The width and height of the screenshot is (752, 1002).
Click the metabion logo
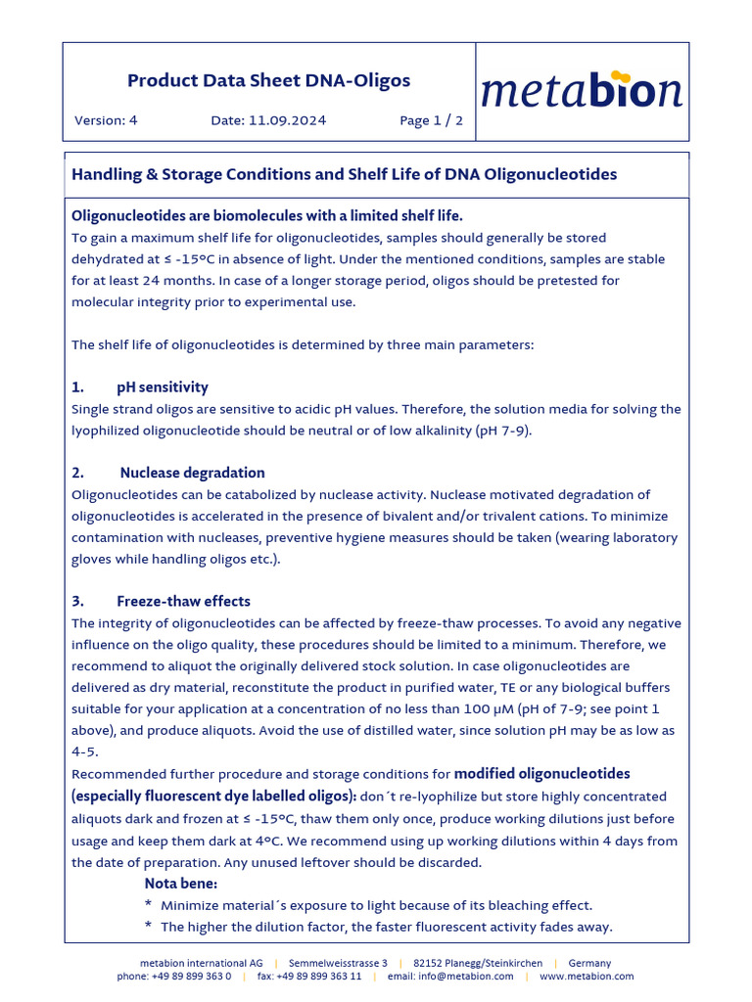tap(582, 91)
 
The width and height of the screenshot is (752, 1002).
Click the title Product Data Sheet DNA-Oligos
tap(269, 81)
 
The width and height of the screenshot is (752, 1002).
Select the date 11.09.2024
tap(287, 120)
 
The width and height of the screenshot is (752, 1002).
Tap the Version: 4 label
tap(106, 120)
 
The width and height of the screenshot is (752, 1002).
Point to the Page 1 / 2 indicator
tap(431, 120)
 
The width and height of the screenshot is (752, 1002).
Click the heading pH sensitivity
tap(163, 387)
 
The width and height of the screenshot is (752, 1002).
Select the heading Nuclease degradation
tap(192, 473)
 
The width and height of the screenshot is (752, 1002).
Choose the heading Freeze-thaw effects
tap(183, 601)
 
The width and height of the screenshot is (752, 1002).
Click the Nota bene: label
tap(181, 884)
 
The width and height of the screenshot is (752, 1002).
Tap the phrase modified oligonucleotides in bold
tap(541, 774)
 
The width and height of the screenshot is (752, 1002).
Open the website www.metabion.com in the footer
tap(587, 977)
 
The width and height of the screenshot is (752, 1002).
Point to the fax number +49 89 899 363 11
tap(322, 977)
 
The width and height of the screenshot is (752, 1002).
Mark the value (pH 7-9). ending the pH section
tap(503, 431)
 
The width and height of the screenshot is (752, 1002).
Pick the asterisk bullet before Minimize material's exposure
tap(148, 906)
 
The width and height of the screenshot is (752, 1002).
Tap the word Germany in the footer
tap(589, 963)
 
